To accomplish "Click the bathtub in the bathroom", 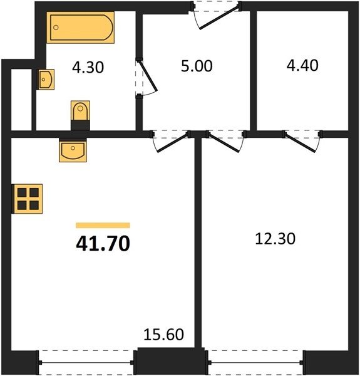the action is pos(80,28).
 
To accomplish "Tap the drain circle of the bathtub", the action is pos(56,28).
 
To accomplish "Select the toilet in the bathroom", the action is pos(80,115).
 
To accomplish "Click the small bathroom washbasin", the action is pos(46,80).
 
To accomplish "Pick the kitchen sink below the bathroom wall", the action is pos(73,150).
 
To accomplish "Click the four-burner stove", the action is pos(28,199).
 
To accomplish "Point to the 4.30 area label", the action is pos(88,67).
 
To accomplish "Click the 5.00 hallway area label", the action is pos(197,66).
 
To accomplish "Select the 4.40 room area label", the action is pos(302,65).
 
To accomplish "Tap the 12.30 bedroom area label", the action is pos(275,239).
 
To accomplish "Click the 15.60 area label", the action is pos(163,335).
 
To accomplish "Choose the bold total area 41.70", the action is pos(103,243).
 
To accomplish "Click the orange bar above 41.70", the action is pos(103,225).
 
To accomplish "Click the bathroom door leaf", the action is pos(148,76).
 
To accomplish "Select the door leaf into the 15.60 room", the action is pos(172,143).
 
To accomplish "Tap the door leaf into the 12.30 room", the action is pos(224,143).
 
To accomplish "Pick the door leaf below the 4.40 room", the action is pos(301,143).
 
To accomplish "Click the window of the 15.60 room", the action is pos(86,363).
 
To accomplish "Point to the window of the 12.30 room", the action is pos(255,363).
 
